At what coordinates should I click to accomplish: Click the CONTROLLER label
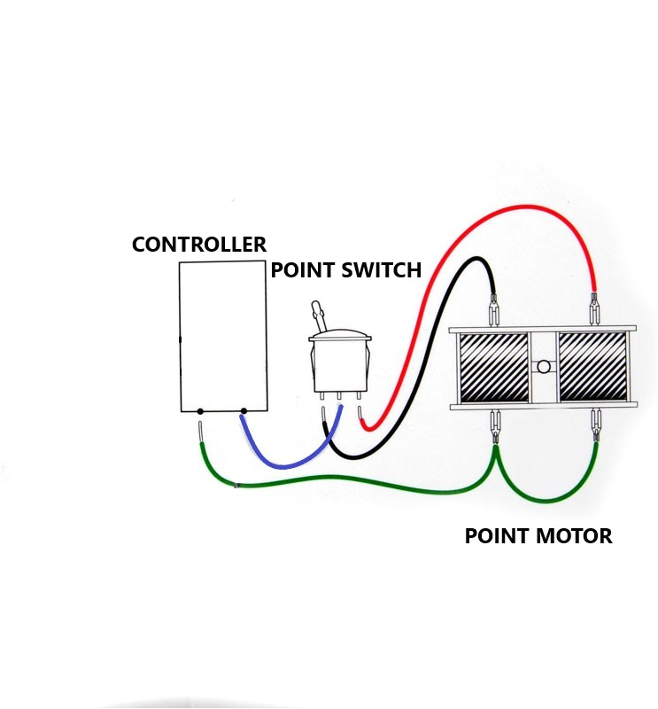pyautogui.click(x=198, y=245)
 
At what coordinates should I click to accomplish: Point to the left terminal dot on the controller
pyautogui.click(x=201, y=411)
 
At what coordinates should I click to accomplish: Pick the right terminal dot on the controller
pyautogui.click(x=244, y=411)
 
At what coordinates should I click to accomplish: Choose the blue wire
pyautogui.click(x=283, y=462)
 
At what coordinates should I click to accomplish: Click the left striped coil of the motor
pyautogui.click(x=492, y=366)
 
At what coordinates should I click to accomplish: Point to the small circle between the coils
pyautogui.click(x=543, y=367)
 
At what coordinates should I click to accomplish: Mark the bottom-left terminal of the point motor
pyautogui.click(x=494, y=425)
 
